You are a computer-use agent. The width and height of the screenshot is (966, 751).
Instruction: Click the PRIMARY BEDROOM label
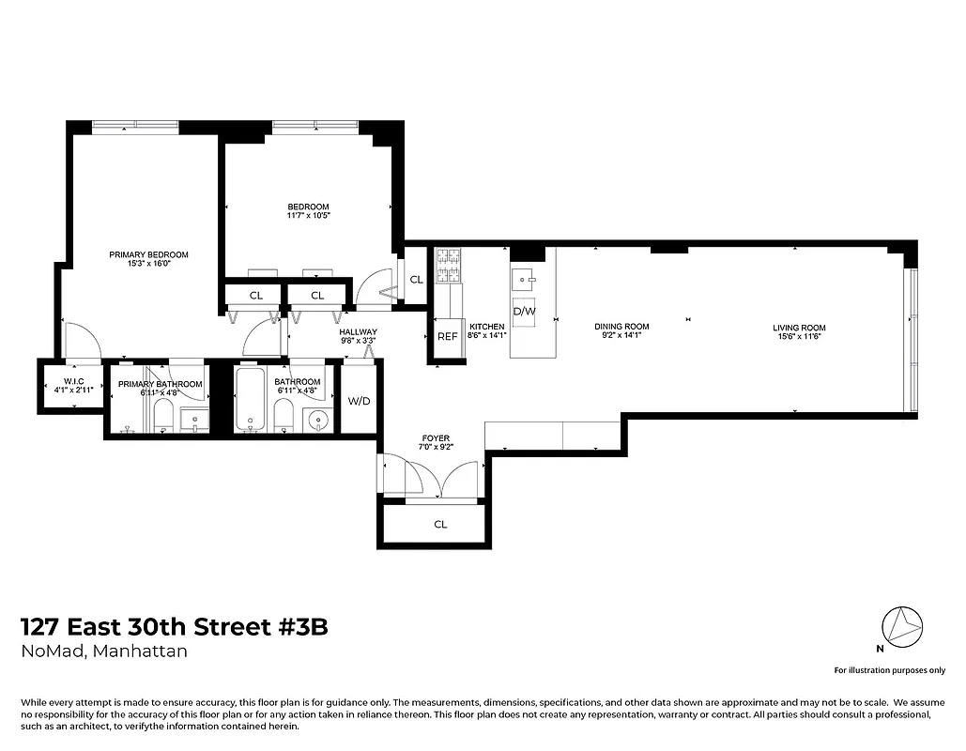(x=148, y=255)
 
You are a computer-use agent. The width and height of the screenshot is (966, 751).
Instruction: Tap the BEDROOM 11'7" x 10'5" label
(x=308, y=207)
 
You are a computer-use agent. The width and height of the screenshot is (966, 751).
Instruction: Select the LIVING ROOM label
(x=799, y=328)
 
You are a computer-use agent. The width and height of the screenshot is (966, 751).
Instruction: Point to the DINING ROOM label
(x=621, y=328)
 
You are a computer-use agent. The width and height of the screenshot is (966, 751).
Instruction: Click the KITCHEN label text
(x=486, y=328)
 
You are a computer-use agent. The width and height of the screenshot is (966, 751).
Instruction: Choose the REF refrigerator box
(x=447, y=336)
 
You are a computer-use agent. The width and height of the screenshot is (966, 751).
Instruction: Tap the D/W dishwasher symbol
(x=524, y=311)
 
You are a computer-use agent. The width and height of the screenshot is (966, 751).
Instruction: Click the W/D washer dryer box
(x=359, y=401)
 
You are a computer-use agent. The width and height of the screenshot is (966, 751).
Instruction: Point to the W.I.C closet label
(x=74, y=383)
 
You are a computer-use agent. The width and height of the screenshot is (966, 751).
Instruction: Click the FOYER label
(x=436, y=438)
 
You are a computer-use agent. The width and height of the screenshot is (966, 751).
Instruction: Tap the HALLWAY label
(x=359, y=332)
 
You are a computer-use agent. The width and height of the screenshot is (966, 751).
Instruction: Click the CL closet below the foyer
(x=439, y=525)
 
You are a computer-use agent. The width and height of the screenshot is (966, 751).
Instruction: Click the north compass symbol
(x=902, y=624)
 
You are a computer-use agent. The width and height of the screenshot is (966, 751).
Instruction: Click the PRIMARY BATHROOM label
(x=160, y=383)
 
